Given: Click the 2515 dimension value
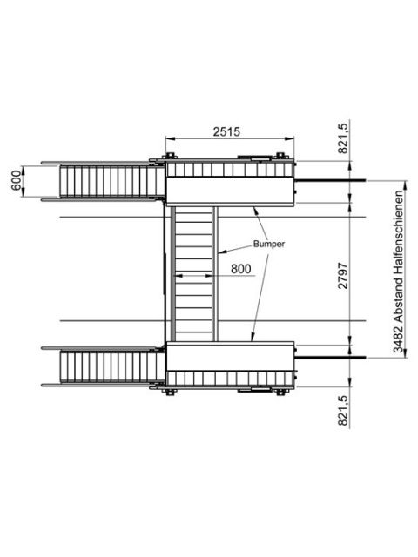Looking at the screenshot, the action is coord(226,131).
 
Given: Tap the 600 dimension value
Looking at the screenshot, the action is coord(16,180).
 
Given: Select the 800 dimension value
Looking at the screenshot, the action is coord(240,269).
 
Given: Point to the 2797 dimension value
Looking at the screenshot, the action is coord(343,276).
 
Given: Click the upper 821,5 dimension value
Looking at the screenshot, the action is coord(343,137).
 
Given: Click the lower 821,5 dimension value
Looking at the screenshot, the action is coord(343,410).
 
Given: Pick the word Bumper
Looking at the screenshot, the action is coord(269,244).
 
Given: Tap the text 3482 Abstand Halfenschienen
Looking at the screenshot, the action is coord(399,272).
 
